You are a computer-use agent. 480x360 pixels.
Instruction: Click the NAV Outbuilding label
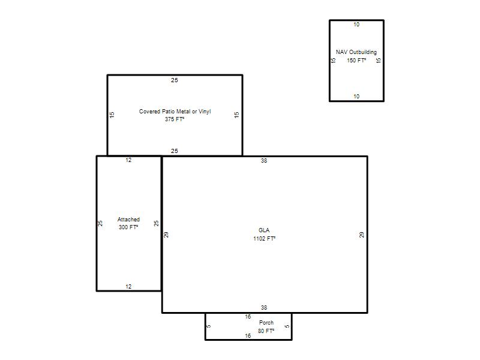pyautogui.click(x=356, y=52)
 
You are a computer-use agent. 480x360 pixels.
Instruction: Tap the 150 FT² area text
pyautogui.click(x=356, y=61)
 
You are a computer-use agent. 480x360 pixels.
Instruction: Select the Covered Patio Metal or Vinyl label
pyautogui.click(x=175, y=112)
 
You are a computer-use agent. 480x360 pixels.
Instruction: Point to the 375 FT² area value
pyautogui.click(x=175, y=119)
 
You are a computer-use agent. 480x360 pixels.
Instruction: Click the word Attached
pyautogui.click(x=128, y=220)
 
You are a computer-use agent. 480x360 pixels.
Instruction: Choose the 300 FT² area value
pyautogui.click(x=128, y=227)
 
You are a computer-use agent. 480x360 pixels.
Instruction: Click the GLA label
pyautogui.click(x=264, y=230)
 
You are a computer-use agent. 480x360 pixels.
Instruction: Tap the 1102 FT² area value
pyautogui.click(x=264, y=238)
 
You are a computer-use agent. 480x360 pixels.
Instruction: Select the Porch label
pyautogui.click(x=266, y=323)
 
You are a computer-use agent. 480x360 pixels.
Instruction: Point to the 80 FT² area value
pyautogui.click(x=266, y=331)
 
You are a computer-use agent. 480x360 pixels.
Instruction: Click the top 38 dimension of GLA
pyautogui.click(x=264, y=160)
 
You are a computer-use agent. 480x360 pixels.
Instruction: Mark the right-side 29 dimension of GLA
pyautogui.click(x=362, y=235)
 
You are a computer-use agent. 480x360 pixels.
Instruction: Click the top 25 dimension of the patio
pyautogui.click(x=175, y=80)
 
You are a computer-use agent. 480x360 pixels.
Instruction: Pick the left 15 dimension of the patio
pyautogui.click(x=112, y=115)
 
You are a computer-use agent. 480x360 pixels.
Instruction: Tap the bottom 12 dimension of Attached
pyautogui.click(x=128, y=287)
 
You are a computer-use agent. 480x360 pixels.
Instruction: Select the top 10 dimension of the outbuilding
pyautogui.click(x=356, y=25)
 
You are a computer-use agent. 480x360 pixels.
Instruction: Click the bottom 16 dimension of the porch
pyautogui.click(x=248, y=336)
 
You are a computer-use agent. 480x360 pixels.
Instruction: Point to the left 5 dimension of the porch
pyautogui.click(x=209, y=326)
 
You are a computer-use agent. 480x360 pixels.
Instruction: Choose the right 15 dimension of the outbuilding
pyautogui.click(x=379, y=61)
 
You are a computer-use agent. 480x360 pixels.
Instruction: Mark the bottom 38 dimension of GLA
pyautogui.click(x=264, y=308)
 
